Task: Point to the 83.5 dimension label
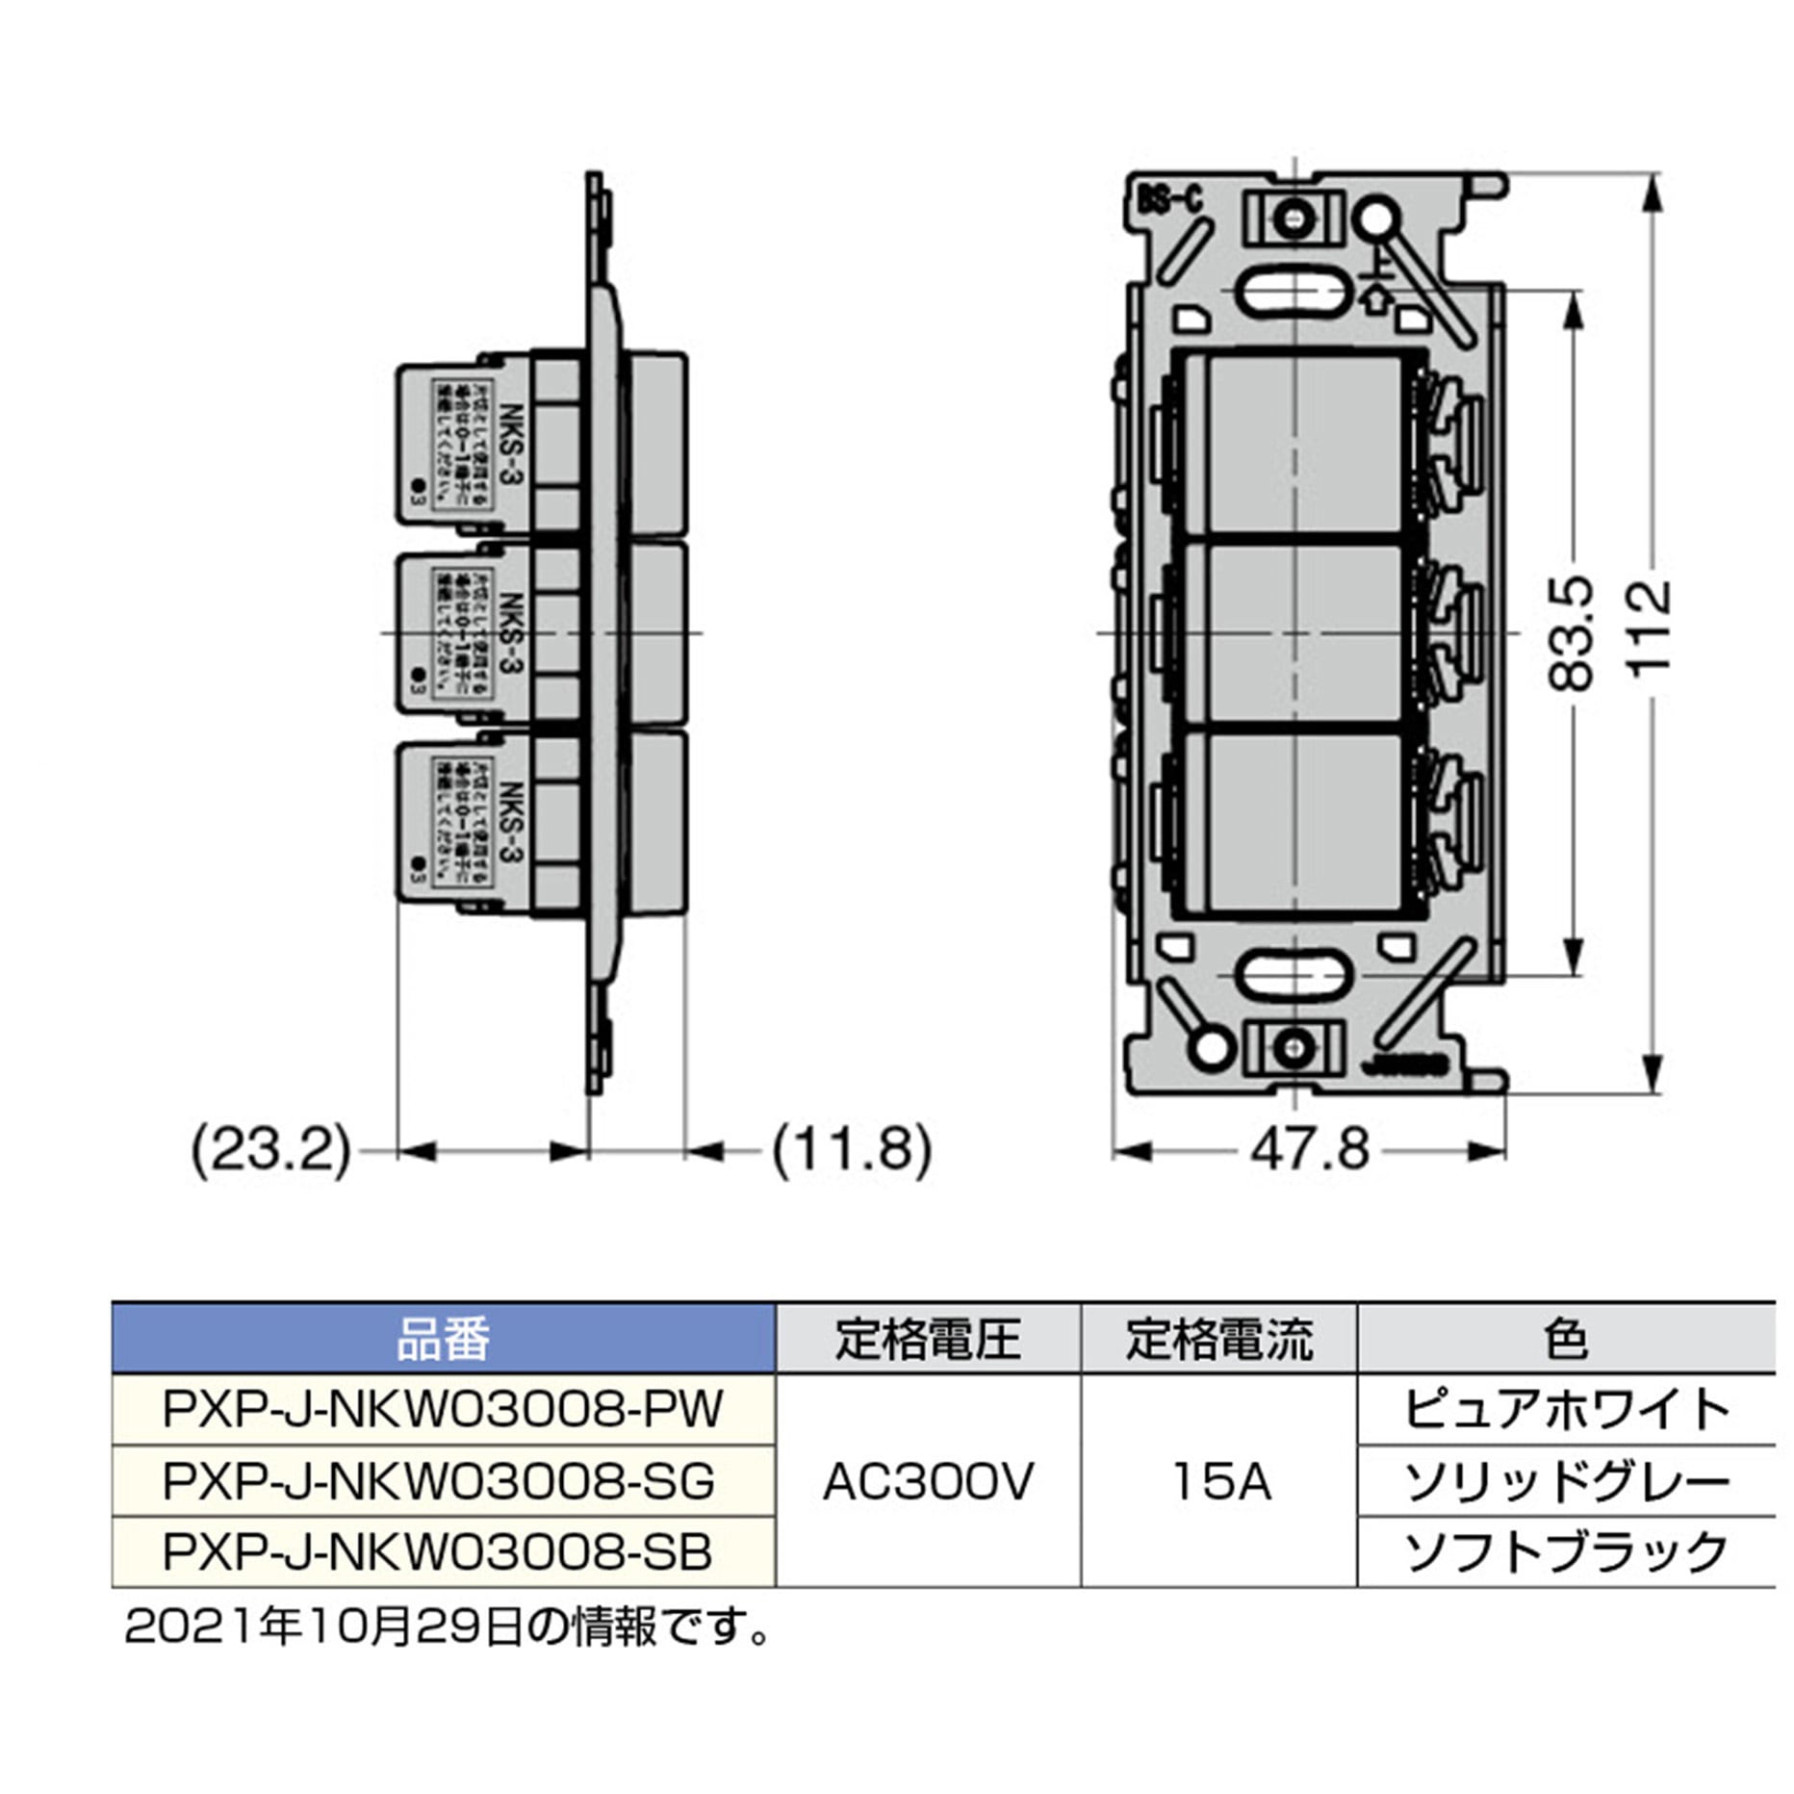click(x=1572, y=632)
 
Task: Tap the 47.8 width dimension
click(x=1309, y=1150)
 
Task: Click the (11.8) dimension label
click(x=852, y=1150)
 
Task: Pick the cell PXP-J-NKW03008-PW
click(x=443, y=1409)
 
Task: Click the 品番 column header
click(x=443, y=1339)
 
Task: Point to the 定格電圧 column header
click(x=928, y=1339)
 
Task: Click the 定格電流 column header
click(x=1219, y=1339)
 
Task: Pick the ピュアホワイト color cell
click(x=1566, y=1409)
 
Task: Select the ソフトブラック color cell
click(x=1566, y=1551)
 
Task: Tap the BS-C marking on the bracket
click(x=1170, y=200)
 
